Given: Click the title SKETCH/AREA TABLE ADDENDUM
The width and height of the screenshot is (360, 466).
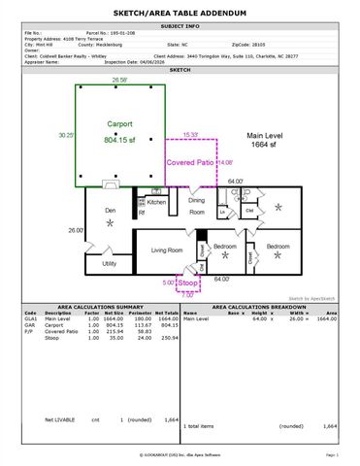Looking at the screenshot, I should tap(180, 13).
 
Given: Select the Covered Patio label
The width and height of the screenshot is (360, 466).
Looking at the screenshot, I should tap(190, 163).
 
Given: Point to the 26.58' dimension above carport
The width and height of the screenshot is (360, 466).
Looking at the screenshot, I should tap(120, 80).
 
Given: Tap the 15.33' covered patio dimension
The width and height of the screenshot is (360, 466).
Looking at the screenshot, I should tap(191, 135).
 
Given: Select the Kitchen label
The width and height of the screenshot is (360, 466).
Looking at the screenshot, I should tap(156, 202).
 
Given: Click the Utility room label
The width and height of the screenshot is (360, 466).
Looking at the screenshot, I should tap(109, 263).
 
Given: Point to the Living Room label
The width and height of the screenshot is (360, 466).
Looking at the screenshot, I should tap(166, 250).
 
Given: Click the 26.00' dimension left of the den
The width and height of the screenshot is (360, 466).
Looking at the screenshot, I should tap(76, 230).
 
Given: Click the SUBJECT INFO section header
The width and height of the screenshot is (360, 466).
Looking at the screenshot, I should tap(180, 26).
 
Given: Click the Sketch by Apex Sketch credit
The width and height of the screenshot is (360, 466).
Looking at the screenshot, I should tap(312, 297).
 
